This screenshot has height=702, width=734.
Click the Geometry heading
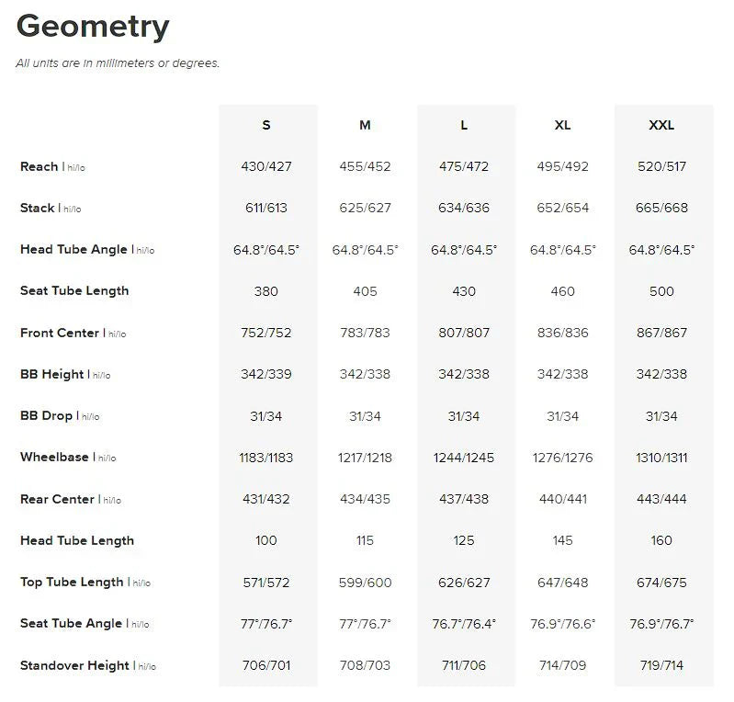point(93,27)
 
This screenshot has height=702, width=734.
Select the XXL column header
point(661,125)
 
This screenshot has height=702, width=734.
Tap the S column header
point(266,125)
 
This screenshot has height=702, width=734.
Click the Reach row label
point(40,166)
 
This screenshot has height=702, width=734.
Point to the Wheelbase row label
point(54,457)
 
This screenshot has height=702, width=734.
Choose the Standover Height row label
point(74,665)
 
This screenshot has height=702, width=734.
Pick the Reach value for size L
point(464,166)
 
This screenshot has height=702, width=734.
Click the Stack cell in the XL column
point(562,208)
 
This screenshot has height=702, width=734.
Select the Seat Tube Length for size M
point(365,291)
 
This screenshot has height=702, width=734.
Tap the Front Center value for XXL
point(661,333)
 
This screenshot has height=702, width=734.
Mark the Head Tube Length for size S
point(266,540)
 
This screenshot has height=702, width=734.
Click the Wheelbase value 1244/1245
point(464,458)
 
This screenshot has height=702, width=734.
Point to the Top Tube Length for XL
point(562,582)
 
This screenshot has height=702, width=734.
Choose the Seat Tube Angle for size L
point(464,623)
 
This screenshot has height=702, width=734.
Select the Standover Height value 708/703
point(365,665)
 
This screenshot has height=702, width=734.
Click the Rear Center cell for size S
point(266,499)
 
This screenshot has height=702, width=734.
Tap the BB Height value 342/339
point(266,374)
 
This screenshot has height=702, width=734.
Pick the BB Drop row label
point(46,415)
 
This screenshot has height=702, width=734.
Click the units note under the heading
point(118,63)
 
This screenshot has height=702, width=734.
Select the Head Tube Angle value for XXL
point(661,250)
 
